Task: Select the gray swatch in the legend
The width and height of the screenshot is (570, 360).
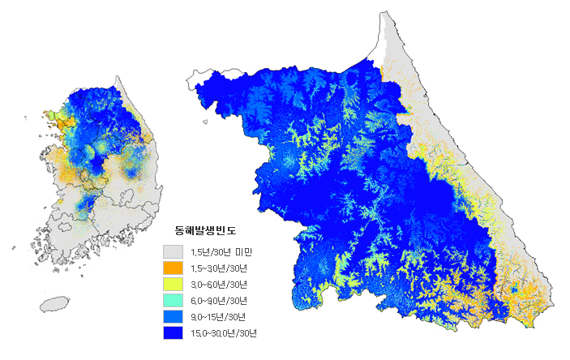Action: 173,252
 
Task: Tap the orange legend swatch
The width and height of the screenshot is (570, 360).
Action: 173,268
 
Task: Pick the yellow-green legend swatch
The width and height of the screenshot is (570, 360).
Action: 173,285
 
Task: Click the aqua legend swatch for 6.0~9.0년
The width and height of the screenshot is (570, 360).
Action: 173,301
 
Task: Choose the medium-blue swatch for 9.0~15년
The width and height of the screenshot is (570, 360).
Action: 173,317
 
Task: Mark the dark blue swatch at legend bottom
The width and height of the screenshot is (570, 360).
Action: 173,332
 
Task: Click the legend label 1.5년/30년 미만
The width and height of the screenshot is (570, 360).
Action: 222,252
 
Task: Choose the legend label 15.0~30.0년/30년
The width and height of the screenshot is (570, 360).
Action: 223,333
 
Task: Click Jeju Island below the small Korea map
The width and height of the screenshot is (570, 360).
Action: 54,304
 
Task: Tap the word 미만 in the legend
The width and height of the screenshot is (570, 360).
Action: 244,252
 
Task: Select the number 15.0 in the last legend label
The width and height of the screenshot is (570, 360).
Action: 199,333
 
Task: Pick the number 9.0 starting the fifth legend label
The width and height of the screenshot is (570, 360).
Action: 196,317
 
